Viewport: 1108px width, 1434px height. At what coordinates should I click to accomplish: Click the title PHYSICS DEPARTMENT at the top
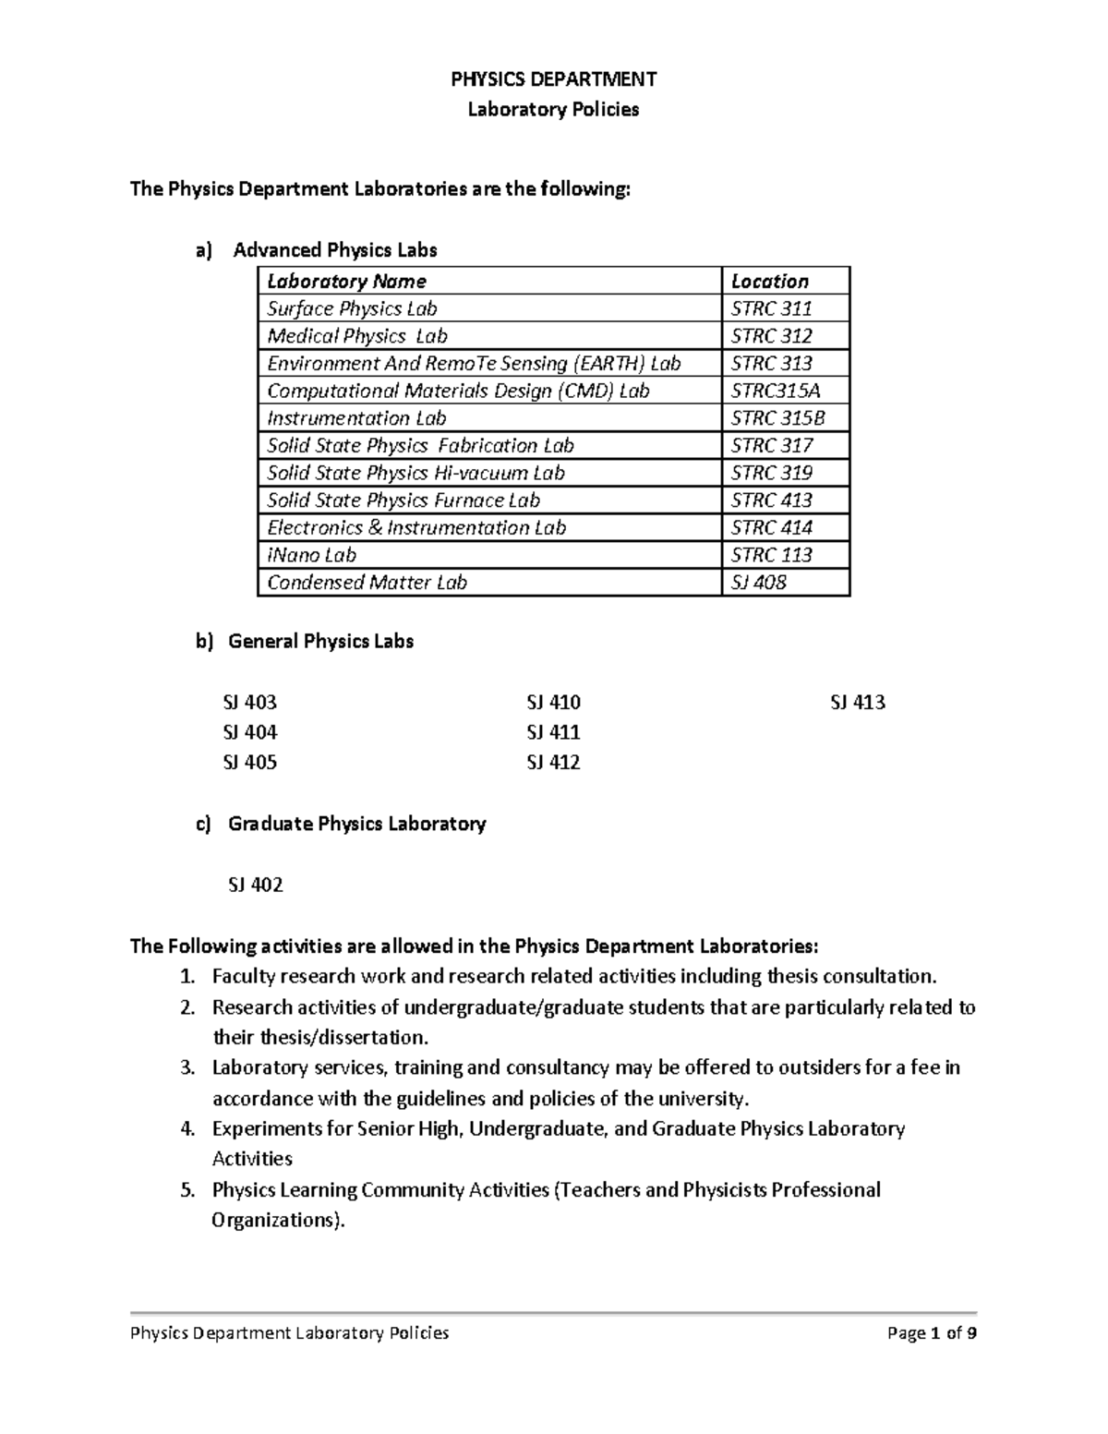pos(553,79)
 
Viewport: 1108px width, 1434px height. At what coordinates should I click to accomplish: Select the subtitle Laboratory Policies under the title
pos(553,110)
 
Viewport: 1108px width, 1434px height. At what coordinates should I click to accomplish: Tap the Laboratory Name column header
pos(346,282)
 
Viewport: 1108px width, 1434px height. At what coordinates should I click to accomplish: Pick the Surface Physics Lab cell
pos(352,308)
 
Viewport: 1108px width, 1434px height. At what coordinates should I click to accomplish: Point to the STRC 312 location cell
pos(771,336)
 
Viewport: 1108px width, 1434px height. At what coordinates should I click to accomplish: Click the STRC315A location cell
pos(775,391)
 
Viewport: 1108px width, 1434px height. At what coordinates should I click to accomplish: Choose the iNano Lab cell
pos(311,555)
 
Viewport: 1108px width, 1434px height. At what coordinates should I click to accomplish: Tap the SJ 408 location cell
pos(758,583)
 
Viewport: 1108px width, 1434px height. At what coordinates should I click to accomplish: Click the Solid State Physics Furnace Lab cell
pos(403,500)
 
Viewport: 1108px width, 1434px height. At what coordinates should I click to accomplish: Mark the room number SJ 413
pos(858,703)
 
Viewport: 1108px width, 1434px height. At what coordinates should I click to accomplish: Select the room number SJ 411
pos(553,732)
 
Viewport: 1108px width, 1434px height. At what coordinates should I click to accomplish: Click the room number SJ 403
pos(249,703)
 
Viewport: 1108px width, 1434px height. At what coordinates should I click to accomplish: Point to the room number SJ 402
pos(255,885)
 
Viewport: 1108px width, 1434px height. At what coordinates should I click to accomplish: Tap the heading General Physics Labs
pos(320,641)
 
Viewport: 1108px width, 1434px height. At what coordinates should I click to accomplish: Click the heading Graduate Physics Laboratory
pos(356,824)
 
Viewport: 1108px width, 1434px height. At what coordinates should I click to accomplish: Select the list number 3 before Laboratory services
pos(187,1068)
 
